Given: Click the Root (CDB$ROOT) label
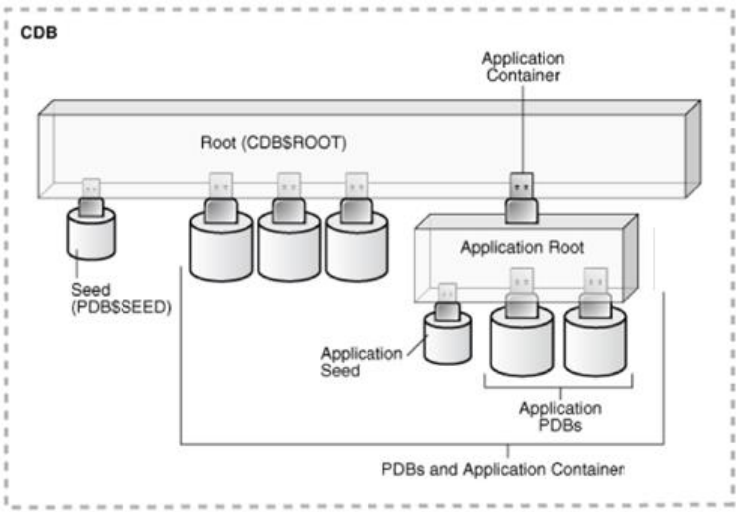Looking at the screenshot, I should [x=273, y=142].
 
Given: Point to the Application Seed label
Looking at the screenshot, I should [x=362, y=361].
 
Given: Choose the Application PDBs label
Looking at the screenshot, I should [x=561, y=416].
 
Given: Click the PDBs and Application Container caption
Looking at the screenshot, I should [x=504, y=467].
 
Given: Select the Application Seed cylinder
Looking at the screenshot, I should [x=448, y=338].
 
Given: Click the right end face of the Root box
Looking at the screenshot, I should [x=692, y=148].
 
